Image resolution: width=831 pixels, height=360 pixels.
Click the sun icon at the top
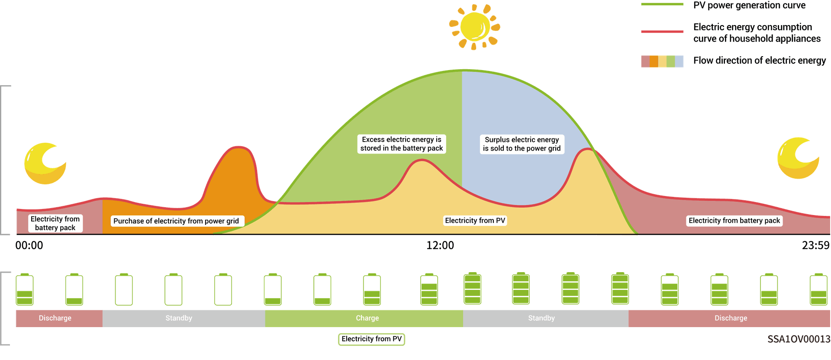tap(475, 27)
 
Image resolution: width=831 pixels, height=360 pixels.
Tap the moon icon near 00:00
tap(45, 164)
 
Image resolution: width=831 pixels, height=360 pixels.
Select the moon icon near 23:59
tap(798, 158)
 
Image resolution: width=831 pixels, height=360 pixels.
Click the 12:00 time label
tap(440, 245)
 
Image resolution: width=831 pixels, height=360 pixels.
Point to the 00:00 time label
tap(29, 245)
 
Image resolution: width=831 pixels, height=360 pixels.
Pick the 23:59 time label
tap(815, 245)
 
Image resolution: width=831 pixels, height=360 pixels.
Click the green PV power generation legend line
tap(662, 4)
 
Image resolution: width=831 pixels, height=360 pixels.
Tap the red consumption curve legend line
tap(662, 32)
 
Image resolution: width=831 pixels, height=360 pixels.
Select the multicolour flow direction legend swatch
tap(662, 61)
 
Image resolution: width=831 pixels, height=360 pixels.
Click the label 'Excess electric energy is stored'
tap(402, 144)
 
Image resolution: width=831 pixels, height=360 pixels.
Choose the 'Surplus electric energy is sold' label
tap(522, 144)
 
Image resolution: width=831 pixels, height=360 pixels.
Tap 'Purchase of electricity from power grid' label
tap(176, 221)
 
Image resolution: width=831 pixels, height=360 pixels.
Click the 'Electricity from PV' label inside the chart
tap(475, 221)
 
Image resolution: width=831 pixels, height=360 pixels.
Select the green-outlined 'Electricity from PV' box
tap(371, 339)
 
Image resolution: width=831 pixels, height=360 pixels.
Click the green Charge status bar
tap(364, 318)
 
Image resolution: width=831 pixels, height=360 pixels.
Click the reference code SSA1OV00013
tap(799, 339)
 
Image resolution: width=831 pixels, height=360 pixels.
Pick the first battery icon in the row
tap(25, 289)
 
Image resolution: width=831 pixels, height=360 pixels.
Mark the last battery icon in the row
tap(818, 289)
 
